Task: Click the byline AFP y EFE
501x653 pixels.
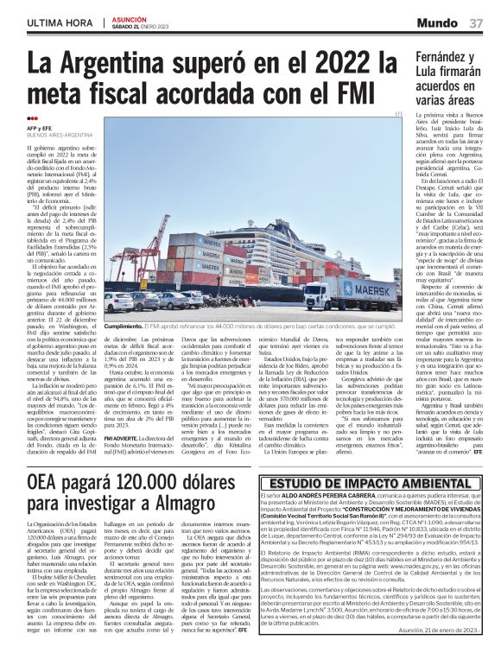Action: click(40, 129)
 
